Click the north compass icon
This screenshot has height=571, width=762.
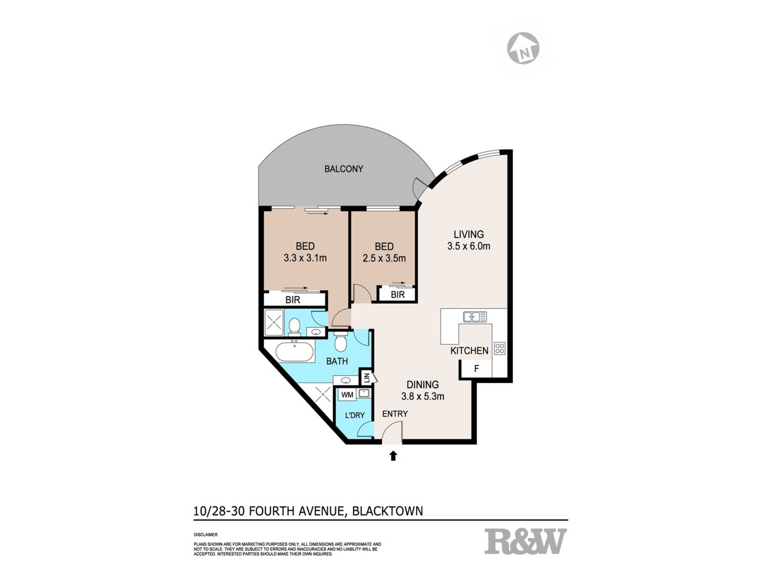coord(523,48)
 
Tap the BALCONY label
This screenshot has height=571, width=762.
coord(344,169)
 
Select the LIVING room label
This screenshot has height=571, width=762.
coord(469,234)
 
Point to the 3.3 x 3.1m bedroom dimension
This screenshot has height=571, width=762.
coord(305,258)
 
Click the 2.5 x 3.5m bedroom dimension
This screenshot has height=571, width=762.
coord(384,258)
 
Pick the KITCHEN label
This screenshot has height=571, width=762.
coord(469,351)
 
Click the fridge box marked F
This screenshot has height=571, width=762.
coord(476,368)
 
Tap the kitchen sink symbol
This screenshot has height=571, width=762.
coord(475,317)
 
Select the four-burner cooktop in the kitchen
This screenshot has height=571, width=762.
coord(499,348)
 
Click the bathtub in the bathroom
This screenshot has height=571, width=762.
coord(295,351)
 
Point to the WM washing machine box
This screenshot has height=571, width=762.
coord(347,395)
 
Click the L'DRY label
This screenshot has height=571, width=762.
coord(355,415)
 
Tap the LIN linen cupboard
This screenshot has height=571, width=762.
coord(367,378)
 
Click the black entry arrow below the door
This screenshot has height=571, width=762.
coord(393,456)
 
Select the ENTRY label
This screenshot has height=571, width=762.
coord(395,414)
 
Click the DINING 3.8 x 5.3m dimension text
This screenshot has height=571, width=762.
coord(423,396)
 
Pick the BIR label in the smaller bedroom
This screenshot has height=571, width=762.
coord(397,294)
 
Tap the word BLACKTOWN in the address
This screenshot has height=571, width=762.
coord(387,511)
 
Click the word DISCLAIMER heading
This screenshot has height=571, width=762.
coord(206,535)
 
